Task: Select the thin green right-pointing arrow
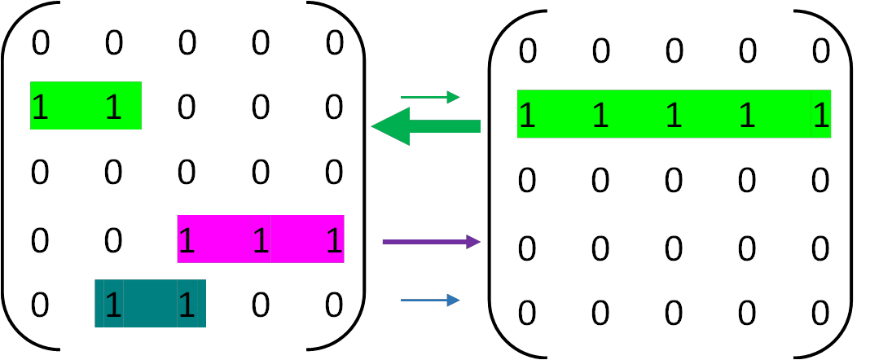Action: pos(430,98)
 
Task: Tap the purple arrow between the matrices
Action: pos(432,241)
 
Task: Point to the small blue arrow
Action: pos(430,301)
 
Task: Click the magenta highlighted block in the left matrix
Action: pos(261,239)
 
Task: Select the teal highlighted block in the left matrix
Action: pos(150,303)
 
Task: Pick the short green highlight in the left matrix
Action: pos(86,105)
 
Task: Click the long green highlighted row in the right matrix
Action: pos(674,114)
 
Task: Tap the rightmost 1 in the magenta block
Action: pos(334,240)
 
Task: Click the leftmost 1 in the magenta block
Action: pos(187,240)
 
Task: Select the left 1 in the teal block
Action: pos(113,305)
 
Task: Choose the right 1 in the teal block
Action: pos(187,305)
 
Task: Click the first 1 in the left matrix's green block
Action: pos(40,108)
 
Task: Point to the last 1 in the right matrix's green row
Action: pos(820,116)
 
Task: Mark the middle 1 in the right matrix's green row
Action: pos(674,116)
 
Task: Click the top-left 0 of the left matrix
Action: pos(40,43)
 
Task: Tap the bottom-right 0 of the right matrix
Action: pos(820,313)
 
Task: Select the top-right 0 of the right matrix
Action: pos(820,51)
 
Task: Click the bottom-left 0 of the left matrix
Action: pos(40,305)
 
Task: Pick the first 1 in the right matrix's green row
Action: pos(527,116)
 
